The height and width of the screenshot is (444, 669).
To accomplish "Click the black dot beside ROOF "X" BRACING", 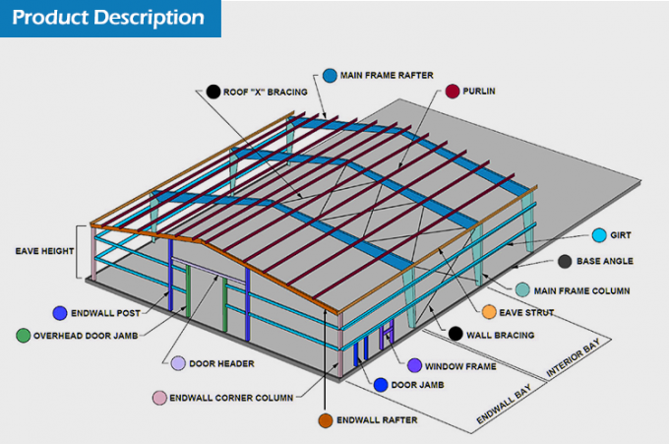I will coord(213,92).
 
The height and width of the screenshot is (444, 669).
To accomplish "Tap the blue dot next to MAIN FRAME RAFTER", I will coord(329,75).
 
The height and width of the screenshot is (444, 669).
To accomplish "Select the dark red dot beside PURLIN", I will coord(452,92).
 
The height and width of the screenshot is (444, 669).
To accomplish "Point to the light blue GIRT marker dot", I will coord(599,235).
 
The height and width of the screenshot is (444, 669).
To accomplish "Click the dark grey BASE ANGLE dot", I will coord(565,262).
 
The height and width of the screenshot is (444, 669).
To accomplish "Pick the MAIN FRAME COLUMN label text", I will coord(582,290).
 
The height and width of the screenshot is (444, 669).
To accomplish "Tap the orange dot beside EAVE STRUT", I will coord(489,312).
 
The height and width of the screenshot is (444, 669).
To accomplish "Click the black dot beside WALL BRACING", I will coord(456,334).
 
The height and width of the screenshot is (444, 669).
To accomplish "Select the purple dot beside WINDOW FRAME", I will coord(414,365).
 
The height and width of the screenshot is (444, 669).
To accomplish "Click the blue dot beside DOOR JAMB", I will coord(381,385).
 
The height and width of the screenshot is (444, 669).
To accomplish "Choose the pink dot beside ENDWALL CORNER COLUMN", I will coord(157,398).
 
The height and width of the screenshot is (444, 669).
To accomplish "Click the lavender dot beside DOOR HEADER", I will coord(177,363).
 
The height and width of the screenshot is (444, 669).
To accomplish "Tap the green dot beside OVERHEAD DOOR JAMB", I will coord(23,335).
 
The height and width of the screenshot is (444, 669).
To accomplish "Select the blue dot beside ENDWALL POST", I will coord(61,313).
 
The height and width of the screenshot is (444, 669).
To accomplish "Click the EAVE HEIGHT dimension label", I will coord(44,251).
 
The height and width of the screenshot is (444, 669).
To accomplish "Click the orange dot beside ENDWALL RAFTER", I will coord(325,420).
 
